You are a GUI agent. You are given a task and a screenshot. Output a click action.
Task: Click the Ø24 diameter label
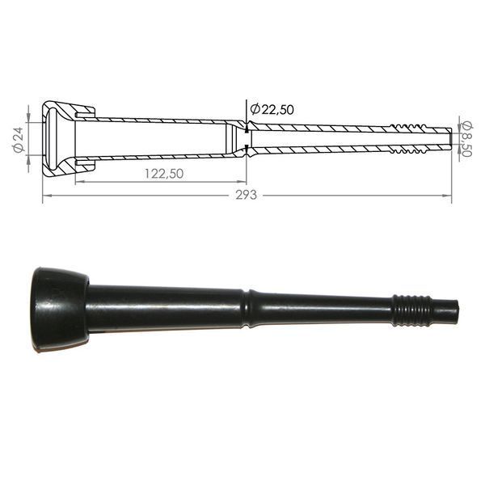coord(19,139)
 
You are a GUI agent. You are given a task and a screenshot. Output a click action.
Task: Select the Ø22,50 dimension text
coord(272,109)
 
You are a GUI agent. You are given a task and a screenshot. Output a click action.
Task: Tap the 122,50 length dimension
coord(164,174)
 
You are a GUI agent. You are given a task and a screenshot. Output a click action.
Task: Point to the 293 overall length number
coord(247,195)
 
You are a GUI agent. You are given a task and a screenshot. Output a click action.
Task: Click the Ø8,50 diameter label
coord(466,139)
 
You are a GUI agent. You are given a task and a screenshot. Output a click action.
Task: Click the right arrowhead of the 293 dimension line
coord(447,196)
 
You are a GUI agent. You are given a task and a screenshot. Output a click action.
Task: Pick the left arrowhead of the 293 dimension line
coord(47,196)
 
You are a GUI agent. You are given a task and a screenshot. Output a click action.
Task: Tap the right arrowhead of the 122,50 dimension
coord(242,182)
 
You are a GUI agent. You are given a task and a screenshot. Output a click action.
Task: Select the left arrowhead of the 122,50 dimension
coord(80,182)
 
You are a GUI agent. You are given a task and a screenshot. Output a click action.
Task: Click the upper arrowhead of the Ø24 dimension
coord(28,118)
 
